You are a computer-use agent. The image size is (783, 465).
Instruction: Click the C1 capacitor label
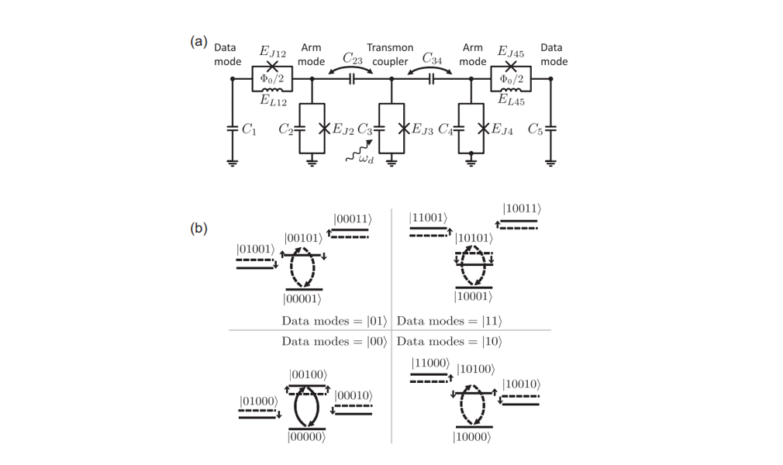point(249,129)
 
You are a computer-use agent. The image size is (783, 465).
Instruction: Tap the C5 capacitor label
point(536,129)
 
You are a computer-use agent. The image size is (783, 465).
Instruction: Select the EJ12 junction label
point(273,51)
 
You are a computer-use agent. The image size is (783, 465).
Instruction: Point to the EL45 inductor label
point(512,100)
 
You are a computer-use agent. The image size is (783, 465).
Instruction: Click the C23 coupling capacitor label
point(353,58)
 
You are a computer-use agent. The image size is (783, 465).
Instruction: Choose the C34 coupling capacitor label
point(432,58)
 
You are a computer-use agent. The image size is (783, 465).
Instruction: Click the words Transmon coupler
point(390,54)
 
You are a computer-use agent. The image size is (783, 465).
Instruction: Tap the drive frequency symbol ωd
point(367,159)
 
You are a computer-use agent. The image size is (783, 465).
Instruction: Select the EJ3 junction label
point(423,129)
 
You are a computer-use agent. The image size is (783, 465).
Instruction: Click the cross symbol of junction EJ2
point(324,129)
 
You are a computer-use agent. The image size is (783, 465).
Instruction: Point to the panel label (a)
point(198,41)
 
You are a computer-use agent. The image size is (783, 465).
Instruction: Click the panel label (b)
point(198,229)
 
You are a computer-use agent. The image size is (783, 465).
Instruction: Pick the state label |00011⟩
point(354,219)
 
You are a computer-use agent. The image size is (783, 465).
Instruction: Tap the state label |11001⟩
point(429,219)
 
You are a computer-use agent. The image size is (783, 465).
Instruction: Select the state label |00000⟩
point(306,437)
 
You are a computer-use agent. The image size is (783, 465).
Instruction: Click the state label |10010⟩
point(522,384)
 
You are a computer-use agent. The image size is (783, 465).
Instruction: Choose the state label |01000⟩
point(259,401)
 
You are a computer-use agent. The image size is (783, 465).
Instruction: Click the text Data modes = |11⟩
point(450,321)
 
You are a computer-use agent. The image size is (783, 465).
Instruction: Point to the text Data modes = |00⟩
point(335,342)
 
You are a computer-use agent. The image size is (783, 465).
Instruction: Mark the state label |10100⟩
point(476,370)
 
